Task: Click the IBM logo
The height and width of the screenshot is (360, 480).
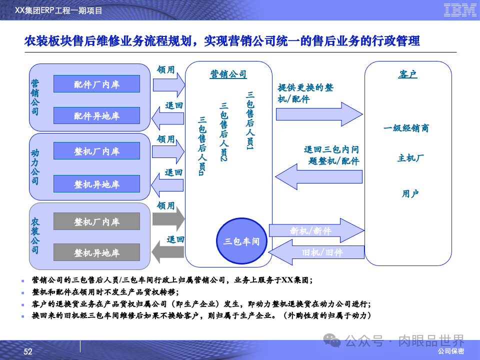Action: coord(459,10)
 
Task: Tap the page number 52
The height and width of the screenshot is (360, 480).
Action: coord(28,352)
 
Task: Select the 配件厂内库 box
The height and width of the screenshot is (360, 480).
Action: coord(96,84)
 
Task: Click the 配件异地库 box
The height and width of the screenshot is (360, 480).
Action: coord(96,115)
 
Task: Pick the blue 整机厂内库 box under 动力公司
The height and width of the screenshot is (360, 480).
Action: coord(96,151)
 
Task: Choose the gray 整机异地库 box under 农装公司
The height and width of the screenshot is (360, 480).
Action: coord(96,252)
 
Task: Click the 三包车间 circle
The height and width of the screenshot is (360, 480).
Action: coord(241,241)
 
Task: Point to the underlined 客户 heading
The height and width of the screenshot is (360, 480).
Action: coord(407,74)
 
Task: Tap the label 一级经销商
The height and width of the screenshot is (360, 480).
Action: coord(406,128)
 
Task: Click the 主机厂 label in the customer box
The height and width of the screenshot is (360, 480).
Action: coord(410,158)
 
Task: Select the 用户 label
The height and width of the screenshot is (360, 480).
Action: coord(410,193)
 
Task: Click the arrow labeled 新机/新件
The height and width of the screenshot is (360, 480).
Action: coord(316,230)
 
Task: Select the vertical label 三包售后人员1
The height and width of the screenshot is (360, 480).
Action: coord(249,120)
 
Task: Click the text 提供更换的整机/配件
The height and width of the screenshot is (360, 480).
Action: coord(305,93)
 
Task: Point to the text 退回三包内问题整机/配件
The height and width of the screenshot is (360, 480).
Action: coord(331,155)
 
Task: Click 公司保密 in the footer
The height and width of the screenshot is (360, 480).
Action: coord(450,351)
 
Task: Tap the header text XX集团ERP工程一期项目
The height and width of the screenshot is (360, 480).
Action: coord(59,10)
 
